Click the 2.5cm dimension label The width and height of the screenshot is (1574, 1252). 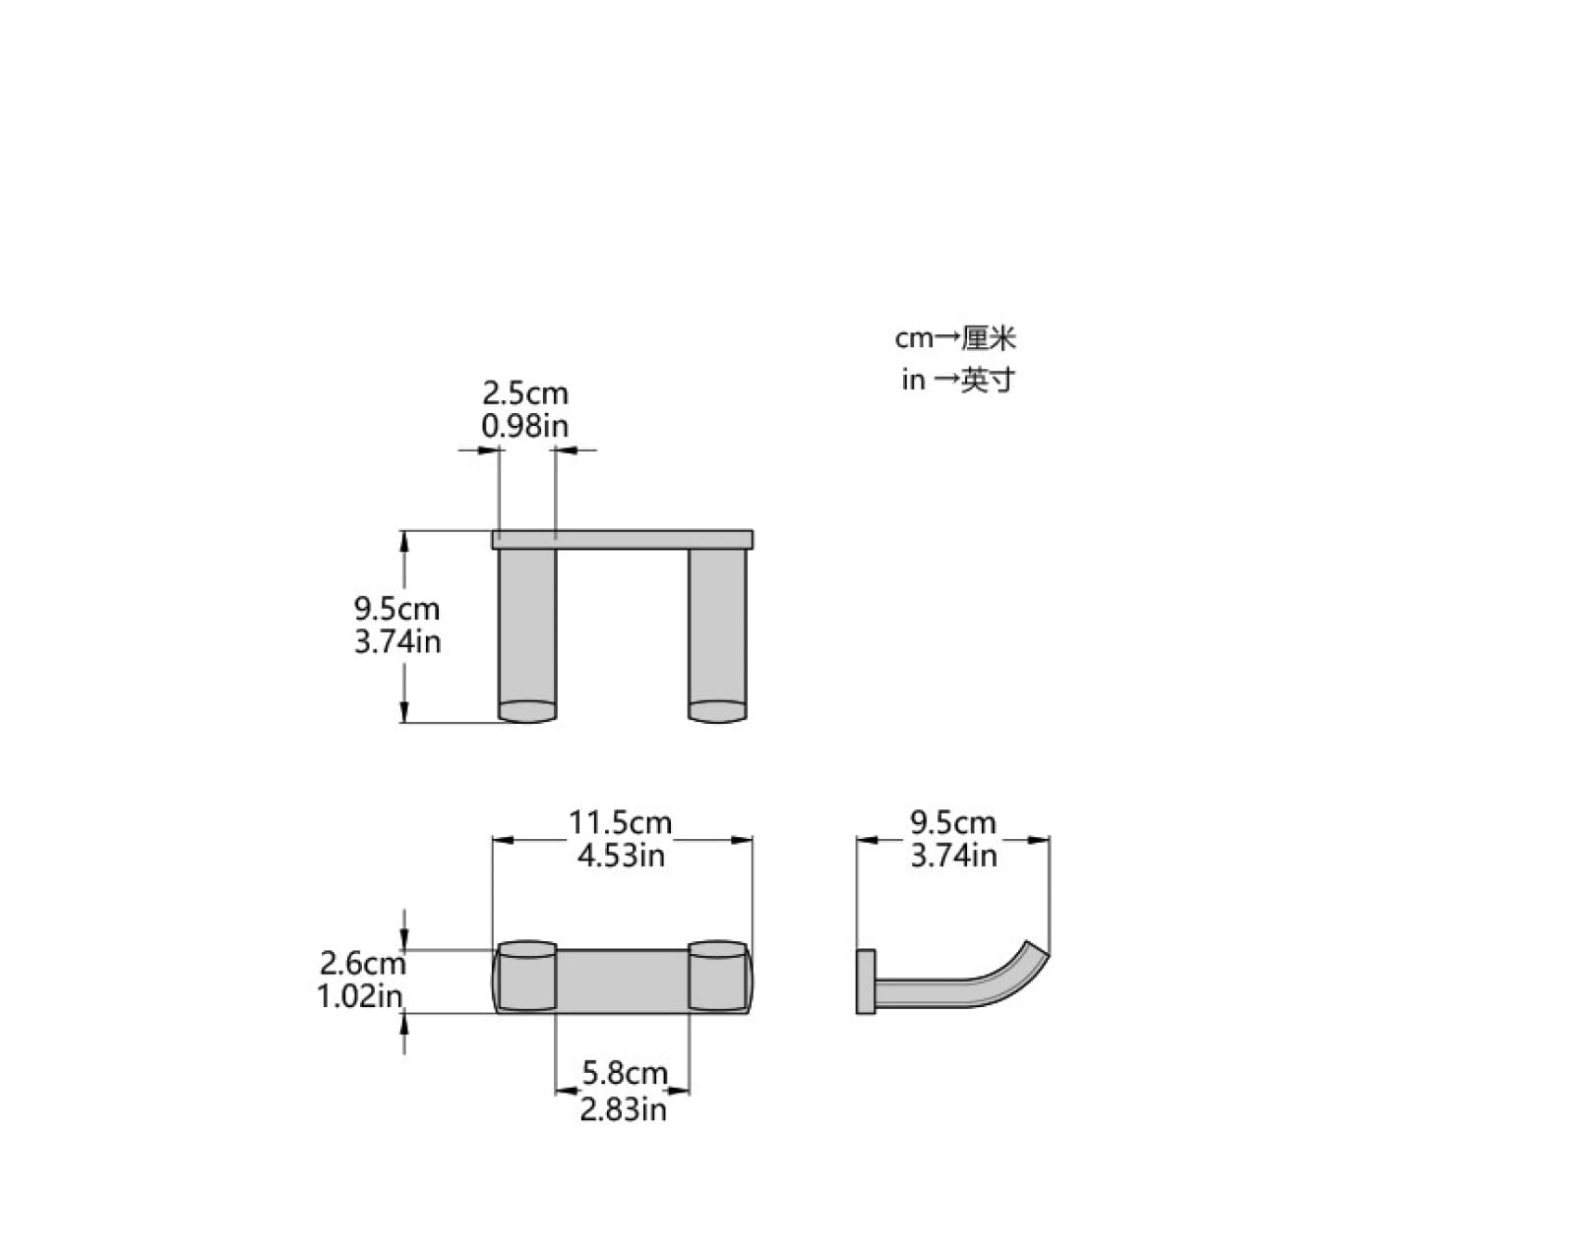[524, 393]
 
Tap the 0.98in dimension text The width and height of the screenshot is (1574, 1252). [524, 426]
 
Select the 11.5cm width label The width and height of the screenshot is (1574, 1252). [620, 823]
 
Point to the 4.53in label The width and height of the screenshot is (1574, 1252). [621, 855]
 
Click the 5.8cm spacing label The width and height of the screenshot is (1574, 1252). [625, 1073]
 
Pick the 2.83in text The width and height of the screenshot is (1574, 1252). [623, 1109]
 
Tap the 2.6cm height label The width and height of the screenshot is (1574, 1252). [362, 963]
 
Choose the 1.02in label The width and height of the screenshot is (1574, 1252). [359, 996]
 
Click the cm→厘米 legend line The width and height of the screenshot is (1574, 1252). [955, 338]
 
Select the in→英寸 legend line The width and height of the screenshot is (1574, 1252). [958, 380]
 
